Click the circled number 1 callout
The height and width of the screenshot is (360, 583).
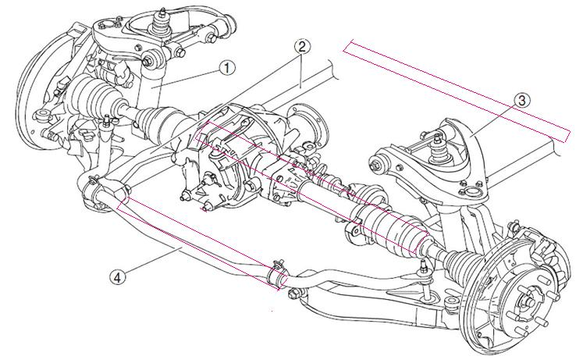tap(227, 68)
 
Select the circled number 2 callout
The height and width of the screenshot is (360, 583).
tap(302, 46)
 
